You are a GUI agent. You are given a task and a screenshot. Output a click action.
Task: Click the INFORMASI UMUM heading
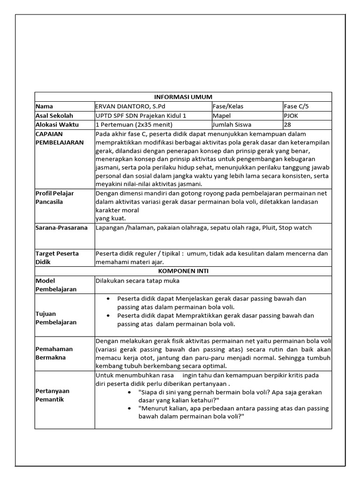pos(183,97)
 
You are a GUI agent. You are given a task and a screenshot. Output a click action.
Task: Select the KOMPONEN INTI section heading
pos(183,271)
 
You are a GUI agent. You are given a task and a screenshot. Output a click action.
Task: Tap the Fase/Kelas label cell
pos(228,106)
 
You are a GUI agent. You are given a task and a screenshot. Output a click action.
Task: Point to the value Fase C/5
pos(296,106)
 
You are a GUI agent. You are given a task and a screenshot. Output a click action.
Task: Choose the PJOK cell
pos(291,115)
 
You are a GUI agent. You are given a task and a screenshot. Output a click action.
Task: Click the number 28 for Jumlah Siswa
pos(288,125)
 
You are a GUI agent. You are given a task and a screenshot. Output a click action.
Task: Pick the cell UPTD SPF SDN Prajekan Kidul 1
pos(141,115)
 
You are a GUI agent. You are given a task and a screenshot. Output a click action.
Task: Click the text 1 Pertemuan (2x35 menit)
pos(134,125)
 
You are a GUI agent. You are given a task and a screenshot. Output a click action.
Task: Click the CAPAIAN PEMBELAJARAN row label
pos(60,138)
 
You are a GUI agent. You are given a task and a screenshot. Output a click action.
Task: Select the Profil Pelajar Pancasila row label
pos(55,197)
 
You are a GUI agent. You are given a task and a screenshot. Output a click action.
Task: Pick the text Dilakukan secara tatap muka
pos(137,281)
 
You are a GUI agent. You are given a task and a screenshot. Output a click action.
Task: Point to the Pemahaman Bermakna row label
pos(54,353)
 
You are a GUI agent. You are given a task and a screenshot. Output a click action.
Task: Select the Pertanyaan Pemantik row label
pos(52,395)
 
